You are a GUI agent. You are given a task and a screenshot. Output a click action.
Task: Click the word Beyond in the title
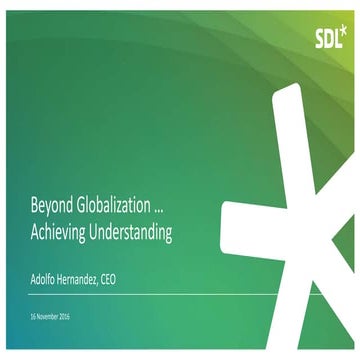click(51, 208)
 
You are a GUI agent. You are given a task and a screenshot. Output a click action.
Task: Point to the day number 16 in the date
click(32, 316)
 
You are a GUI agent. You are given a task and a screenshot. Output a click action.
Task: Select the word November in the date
click(47, 316)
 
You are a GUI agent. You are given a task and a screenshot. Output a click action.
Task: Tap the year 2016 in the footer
click(65, 316)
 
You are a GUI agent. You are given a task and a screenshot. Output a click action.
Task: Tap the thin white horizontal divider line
click(150, 294)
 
